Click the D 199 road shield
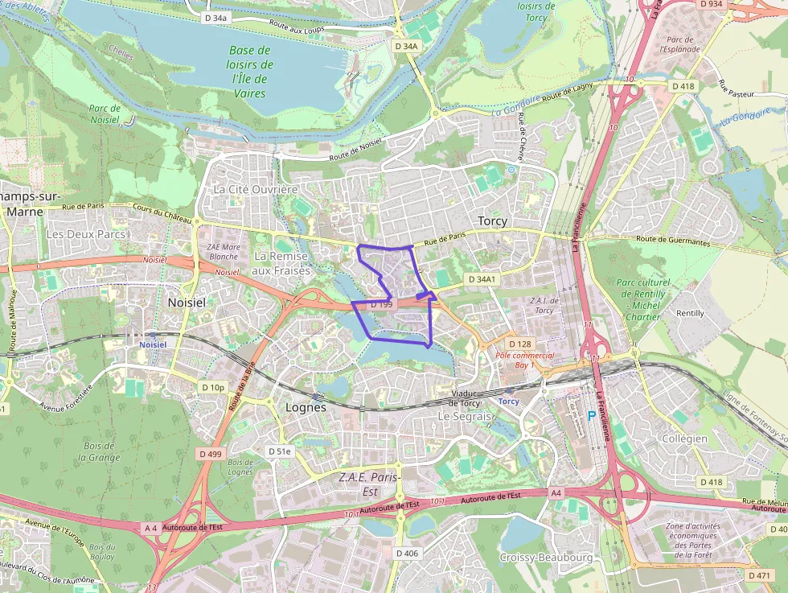click(381, 304)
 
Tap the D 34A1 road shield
click(482, 279)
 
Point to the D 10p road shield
click(213, 387)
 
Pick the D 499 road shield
click(210, 454)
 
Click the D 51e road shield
click(279, 451)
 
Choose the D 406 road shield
click(407, 553)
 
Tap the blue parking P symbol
click(592, 415)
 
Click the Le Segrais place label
click(464, 417)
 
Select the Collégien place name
click(683, 439)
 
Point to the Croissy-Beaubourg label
click(546, 558)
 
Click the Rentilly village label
click(690, 313)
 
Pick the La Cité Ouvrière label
click(256, 189)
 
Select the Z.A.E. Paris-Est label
click(369, 484)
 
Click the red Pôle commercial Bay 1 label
click(524, 360)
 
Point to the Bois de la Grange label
click(99, 451)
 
